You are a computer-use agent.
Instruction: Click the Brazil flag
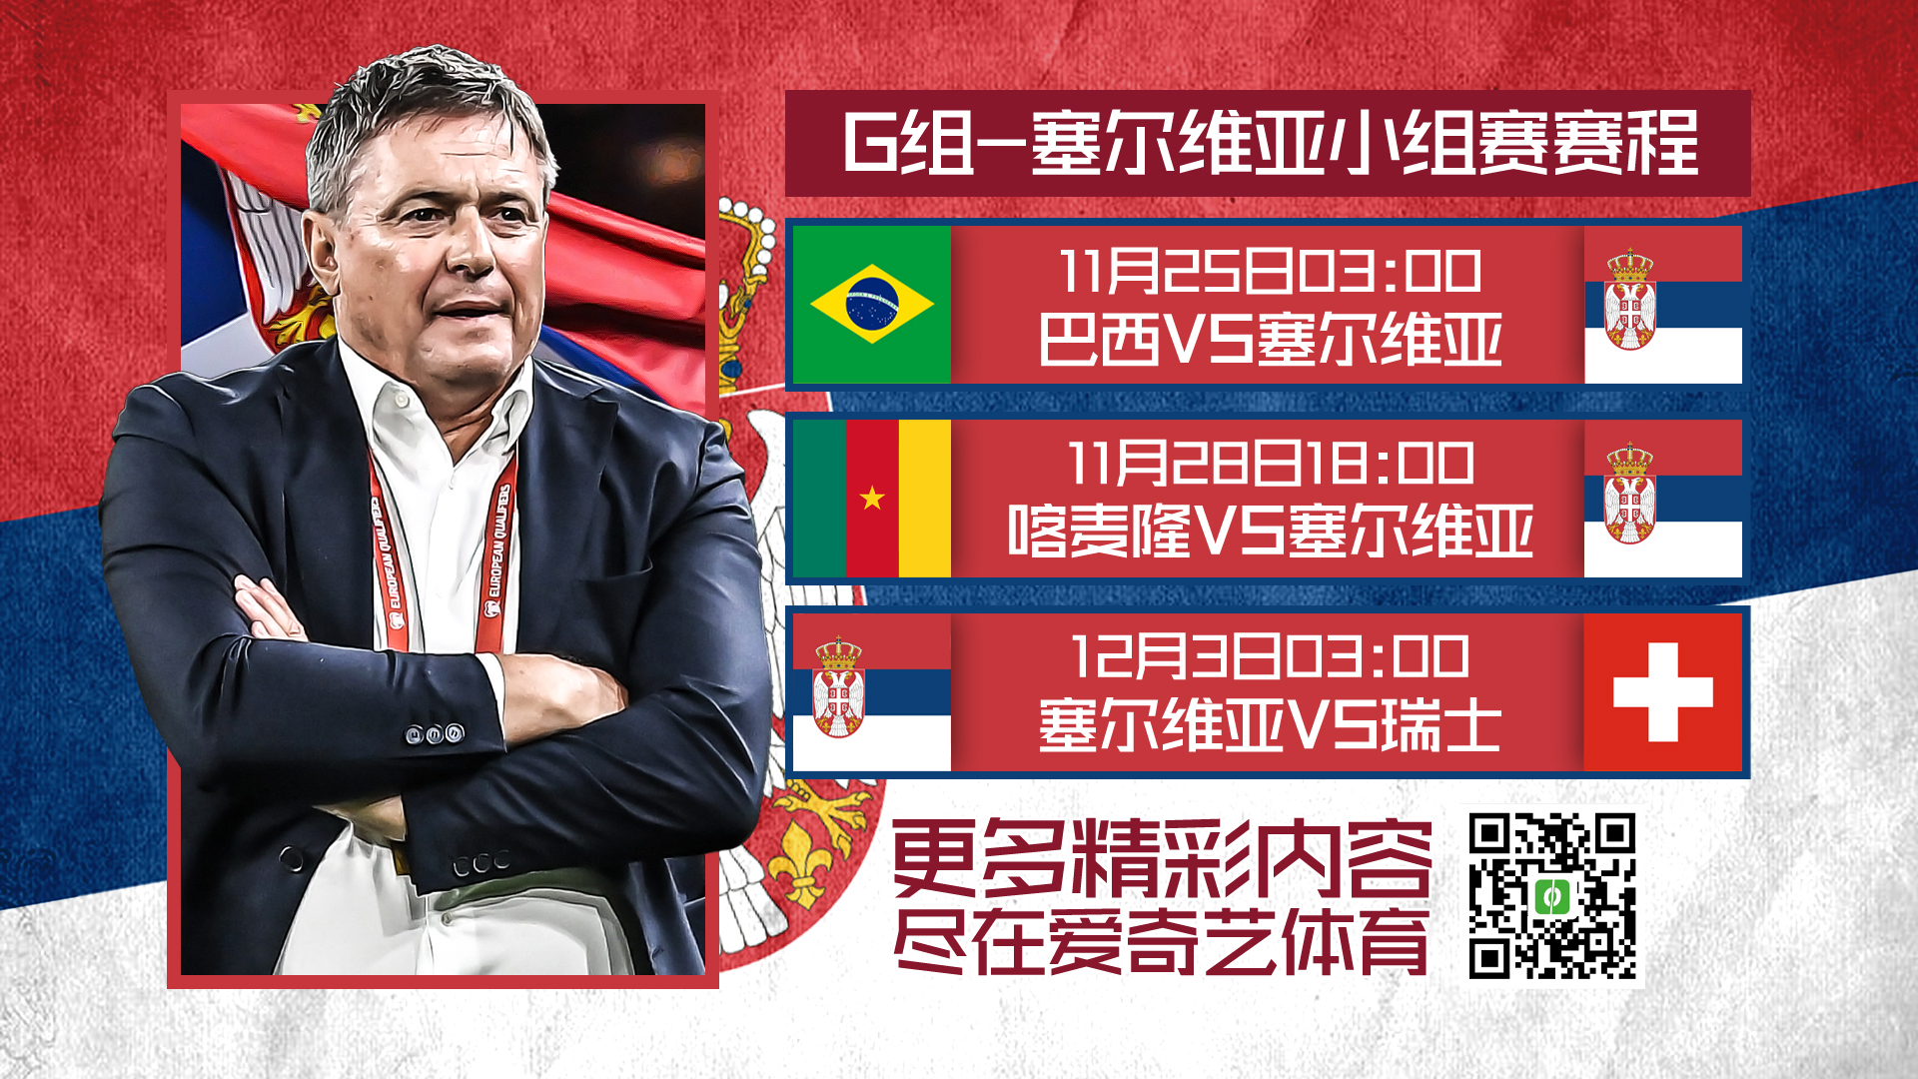871,304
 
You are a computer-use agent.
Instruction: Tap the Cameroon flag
871,498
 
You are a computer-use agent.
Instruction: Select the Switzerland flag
1663,691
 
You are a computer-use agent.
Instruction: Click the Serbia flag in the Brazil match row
1663,304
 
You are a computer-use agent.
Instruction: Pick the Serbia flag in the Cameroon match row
1663,498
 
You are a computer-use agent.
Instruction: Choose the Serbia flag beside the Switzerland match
871,691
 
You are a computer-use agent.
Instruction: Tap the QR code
1552,896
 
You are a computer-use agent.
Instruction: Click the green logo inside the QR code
1551,896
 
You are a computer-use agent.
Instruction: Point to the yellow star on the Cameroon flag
872,497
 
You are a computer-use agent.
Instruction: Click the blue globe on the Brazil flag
872,303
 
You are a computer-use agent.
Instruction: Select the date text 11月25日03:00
1270,271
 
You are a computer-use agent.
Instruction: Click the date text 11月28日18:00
1271,464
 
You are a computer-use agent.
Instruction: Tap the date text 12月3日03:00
1270,656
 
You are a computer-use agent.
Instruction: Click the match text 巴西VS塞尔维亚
1271,340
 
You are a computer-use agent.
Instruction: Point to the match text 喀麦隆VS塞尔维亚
1271,531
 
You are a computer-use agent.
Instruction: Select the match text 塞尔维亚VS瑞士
1270,724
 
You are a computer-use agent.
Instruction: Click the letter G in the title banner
871,143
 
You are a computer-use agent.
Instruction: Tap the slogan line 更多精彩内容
1162,859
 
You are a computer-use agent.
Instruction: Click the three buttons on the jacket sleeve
435,734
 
